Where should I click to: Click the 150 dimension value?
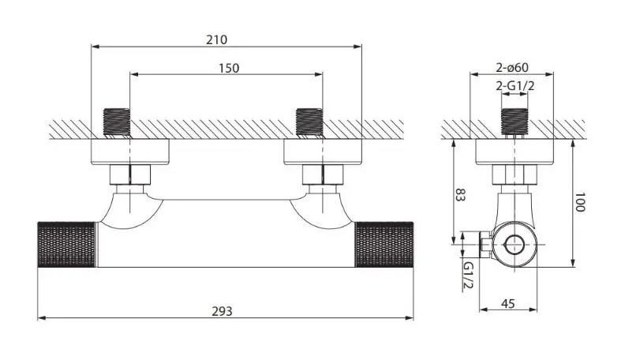point(227,68)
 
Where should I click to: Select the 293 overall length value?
point(223,311)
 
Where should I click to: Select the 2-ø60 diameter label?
point(513,68)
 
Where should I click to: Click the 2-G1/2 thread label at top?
point(513,85)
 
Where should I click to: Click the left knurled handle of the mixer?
point(66,245)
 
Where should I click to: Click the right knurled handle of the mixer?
point(384,245)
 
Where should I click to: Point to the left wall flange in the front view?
point(131,152)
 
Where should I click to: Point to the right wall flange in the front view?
point(324,152)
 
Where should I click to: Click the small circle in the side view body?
point(518,245)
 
